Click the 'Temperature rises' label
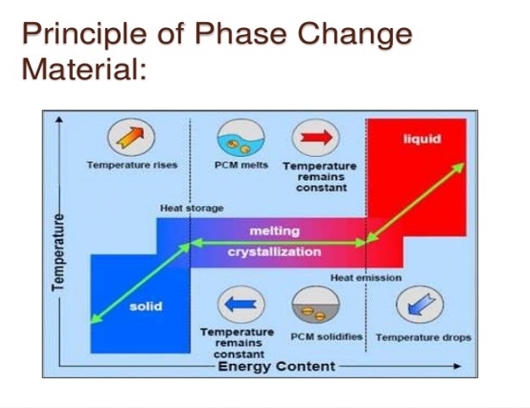pyautogui.click(x=132, y=165)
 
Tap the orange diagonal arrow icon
pyautogui.click(x=131, y=137)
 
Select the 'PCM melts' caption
pyautogui.click(x=241, y=165)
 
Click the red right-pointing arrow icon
pyautogui.click(x=316, y=137)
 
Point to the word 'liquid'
pyautogui.click(x=422, y=139)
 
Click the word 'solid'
pyautogui.click(x=146, y=306)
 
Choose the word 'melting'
pyautogui.click(x=274, y=231)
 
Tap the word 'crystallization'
pyautogui.click(x=274, y=252)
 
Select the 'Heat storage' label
pyautogui.click(x=191, y=208)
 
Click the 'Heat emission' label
pyautogui.click(x=366, y=277)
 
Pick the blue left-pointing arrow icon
pyautogui.click(x=241, y=304)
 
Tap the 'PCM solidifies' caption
pyautogui.click(x=327, y=337)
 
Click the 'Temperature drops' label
pyautogui.click(x=423, y=338)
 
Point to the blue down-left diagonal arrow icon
pyautogui.click(x=419, y=304)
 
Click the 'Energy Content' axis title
pyautogui.click(x=277, y=366)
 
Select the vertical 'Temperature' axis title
pyautogui.click(x=58, y=252)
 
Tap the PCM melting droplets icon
pyautogui.click(x=241, y=137)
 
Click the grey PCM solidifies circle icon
pyautogui.click(x=316, y=304)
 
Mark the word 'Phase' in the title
pyautogui.click(x=240, y=33)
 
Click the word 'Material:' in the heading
pyautogui.click(x=84, y=69)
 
